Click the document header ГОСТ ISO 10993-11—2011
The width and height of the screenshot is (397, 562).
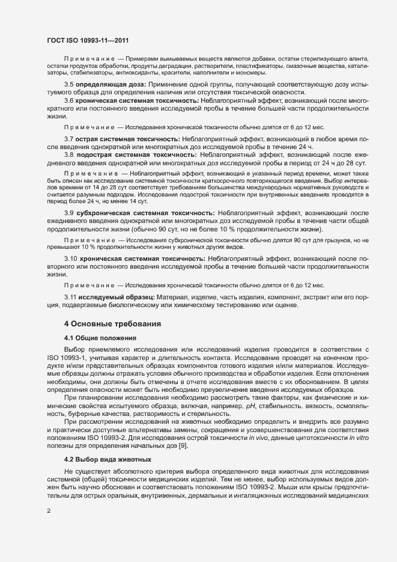click(x=88, y=40)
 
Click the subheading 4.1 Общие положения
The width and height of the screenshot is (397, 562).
click(x=102, y=338)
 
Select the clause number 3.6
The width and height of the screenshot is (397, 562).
click(x=68, y=100)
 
